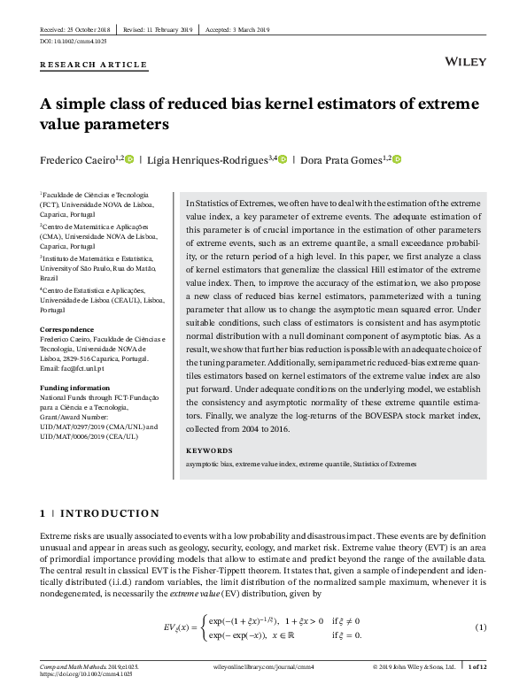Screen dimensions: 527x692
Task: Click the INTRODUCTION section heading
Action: [111, 513]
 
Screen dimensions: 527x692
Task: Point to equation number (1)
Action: [481, 627]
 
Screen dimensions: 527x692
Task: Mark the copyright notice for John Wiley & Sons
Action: [415, 665]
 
